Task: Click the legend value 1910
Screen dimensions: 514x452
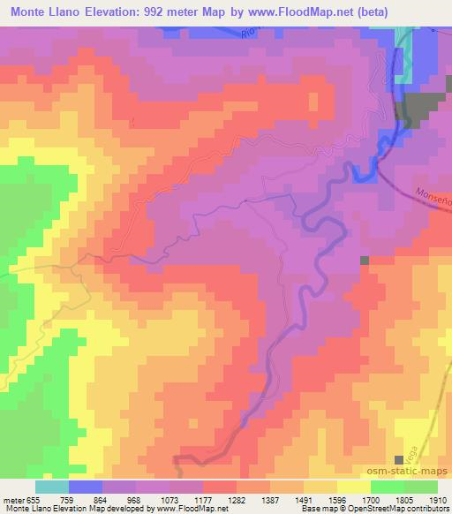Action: pos(434,498)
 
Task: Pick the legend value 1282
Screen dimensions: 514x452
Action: pos(237,498)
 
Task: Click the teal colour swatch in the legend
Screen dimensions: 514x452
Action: pos(52,487)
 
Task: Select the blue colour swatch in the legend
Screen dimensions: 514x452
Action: pos(86,487)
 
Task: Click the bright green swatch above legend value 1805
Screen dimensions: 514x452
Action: pos(387,487)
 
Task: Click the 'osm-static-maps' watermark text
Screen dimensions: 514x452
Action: pos(416,473)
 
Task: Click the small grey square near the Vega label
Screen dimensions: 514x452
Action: pos(400,459)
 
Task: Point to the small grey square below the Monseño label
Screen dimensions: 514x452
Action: pos(365,261)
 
